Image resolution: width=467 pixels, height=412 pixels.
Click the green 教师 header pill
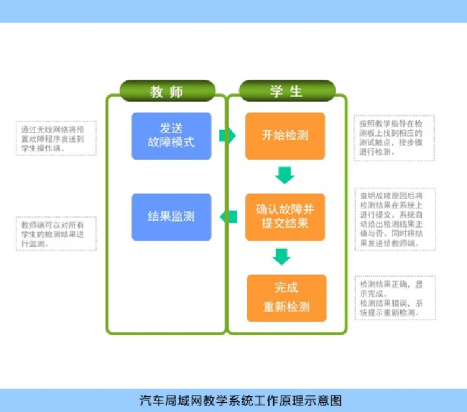pos(167,92)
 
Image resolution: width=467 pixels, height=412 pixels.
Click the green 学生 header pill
pos(286,92)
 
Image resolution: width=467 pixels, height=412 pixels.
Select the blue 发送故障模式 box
pos(171,135)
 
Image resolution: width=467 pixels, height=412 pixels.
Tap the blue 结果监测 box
pos(171,216)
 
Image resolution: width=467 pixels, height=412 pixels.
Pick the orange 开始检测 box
pos(285,135)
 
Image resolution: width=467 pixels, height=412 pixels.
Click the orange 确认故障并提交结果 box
pos(285,216)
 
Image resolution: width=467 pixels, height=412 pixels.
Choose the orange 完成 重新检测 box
pos(286,298)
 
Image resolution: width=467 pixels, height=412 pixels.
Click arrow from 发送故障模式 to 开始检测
pos(227,135)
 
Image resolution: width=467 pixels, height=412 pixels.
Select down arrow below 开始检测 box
pos(285,175)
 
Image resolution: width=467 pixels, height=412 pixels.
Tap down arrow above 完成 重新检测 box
pos(282,256)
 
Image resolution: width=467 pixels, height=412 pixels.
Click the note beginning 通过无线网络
pos(56,138)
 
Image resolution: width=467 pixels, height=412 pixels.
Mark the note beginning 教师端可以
pos(56,234)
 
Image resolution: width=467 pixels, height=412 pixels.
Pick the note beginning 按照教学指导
pos(394,138)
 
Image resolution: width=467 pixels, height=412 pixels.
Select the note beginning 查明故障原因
pos(394,219)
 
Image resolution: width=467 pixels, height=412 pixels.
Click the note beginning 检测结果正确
pos(394,298)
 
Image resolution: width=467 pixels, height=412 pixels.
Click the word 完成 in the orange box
pos(286,288)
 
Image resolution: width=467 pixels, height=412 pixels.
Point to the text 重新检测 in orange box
pos(286,307)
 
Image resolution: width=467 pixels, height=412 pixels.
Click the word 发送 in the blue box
pos(171,128)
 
